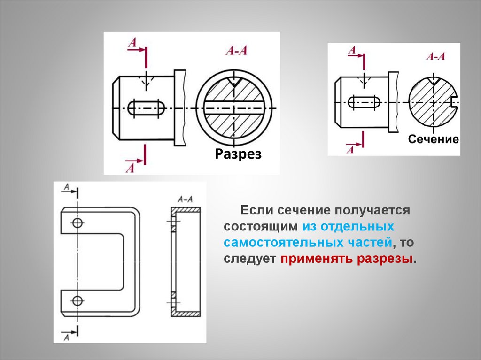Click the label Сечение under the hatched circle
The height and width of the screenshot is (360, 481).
coord(433,139)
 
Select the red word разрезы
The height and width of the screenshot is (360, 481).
coord(386,259)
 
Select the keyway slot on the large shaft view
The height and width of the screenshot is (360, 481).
coord(146,108)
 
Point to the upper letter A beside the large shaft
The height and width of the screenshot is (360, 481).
coord(132,44)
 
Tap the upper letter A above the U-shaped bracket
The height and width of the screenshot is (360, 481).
coord(66,188)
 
